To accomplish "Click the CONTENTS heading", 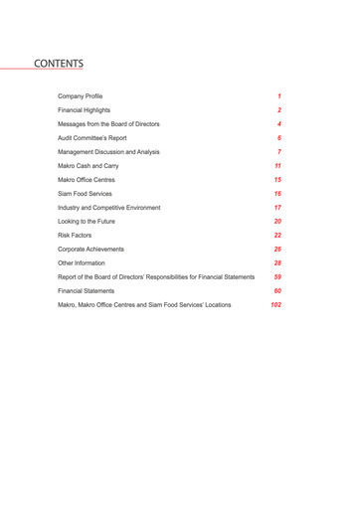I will [59, 64].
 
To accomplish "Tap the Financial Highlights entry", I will [85, 110].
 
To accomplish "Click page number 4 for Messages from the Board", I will [279, 124].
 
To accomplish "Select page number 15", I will [278, 180].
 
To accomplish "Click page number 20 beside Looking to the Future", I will [278, 221].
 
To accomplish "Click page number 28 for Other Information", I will [278, 262].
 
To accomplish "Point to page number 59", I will [278, 276].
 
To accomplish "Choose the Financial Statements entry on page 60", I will [87, 290].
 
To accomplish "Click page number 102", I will [276, 304].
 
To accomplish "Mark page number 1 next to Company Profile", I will [280, 96].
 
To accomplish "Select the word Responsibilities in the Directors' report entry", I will [161, 276].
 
